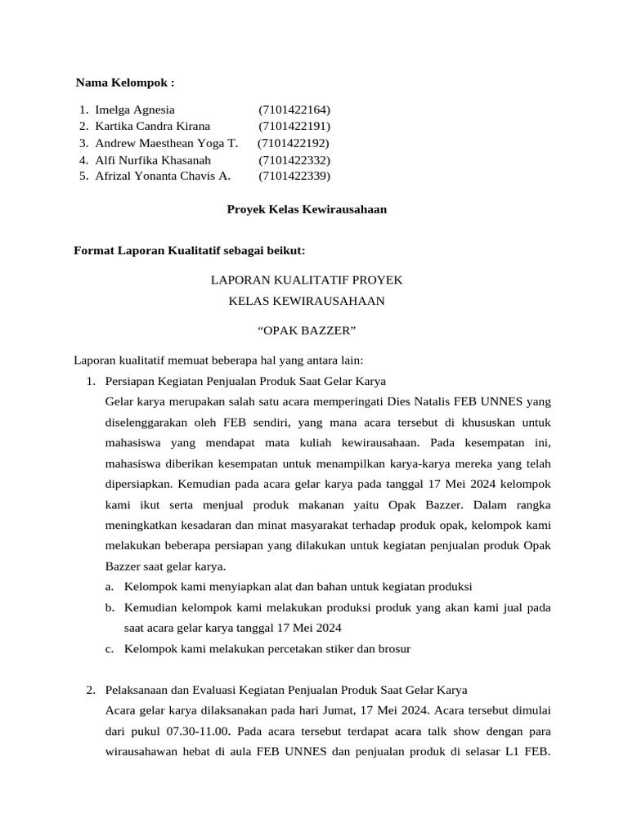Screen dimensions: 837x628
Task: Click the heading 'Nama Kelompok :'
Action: click(x=124, y=83)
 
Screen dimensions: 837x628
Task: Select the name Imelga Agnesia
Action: click(x=134, y=110)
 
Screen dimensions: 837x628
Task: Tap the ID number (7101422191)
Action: click(x=294, y=126)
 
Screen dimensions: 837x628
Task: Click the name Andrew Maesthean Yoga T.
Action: click(x=166, y=143)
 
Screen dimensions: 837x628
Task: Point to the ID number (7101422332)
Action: click(x=294, y=159)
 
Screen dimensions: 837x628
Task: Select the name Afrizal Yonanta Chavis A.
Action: click(x=163, y=176)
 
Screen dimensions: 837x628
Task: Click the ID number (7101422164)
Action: click(x=294, y=110)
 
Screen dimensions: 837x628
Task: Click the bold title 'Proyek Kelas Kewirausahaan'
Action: click(x=306, y=209)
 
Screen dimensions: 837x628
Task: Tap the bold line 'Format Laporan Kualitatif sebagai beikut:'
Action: click(x=189, y=249)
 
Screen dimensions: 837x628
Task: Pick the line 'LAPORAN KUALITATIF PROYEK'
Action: click(x=307, y=280)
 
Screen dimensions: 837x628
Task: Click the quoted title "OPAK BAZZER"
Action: click(x=307, y=330)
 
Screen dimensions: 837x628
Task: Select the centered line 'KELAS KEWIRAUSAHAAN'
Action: click(x=307, y=301)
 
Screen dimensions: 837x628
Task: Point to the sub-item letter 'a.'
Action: click(x=110, y=587)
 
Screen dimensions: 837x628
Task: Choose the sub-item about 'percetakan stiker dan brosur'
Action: click(x=267, y=649)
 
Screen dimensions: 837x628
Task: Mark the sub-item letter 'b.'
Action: click(x=110, y=608)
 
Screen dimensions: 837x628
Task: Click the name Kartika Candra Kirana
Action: click(x=152, y=126)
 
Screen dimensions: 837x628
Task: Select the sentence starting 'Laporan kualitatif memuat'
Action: click(x=218, y=360)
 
